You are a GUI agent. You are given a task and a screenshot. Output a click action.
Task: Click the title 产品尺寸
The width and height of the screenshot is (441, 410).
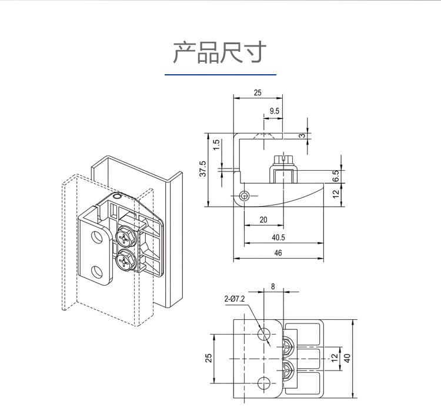pos(220,53)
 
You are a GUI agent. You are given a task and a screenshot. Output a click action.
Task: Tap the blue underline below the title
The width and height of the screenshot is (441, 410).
pos(220,75)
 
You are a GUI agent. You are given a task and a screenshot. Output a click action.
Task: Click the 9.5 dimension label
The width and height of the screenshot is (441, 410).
pos(275,111)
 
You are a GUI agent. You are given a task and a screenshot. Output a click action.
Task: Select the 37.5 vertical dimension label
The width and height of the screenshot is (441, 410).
pos(203,170)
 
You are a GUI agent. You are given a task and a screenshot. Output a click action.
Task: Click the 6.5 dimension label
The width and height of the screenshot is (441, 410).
pos(335,176)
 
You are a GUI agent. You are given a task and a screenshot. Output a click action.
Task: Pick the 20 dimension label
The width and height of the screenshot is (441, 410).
pos(263,219)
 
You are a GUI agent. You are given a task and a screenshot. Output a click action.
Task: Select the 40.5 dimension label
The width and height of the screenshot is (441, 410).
pos(279,237)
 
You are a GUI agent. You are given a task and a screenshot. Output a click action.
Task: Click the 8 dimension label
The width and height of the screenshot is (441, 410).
pos(272,286)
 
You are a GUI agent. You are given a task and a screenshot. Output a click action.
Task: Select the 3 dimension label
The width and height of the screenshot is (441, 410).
pos(302,135)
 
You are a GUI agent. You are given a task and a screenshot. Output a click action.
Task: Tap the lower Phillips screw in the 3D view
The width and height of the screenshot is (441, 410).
pos(126,260)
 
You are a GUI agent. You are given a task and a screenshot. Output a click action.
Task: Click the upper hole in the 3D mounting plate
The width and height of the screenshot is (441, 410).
pos(96,237)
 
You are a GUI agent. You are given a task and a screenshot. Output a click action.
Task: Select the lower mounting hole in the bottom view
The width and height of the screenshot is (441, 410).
pos(265,382)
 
